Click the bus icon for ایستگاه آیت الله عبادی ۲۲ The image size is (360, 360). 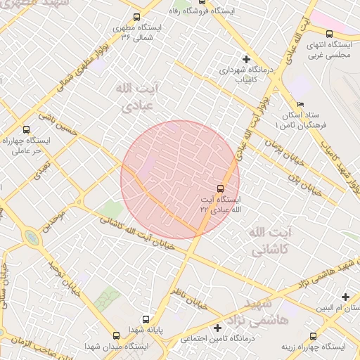coord(221,188)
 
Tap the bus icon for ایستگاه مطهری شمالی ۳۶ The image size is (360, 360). coord(136,17)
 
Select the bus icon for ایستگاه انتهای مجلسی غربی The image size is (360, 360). coord(329,33)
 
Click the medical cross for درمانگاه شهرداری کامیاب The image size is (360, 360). coord(245,58)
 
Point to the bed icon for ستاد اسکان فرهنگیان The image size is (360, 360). coord(300,104)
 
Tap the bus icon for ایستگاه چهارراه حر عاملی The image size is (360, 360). coord(26,129)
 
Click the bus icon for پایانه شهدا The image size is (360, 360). coord(146,318)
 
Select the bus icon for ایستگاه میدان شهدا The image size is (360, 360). coord(117,335)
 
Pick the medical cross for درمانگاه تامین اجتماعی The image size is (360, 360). coord(219,328)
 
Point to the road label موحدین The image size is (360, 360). coord(56,220)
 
